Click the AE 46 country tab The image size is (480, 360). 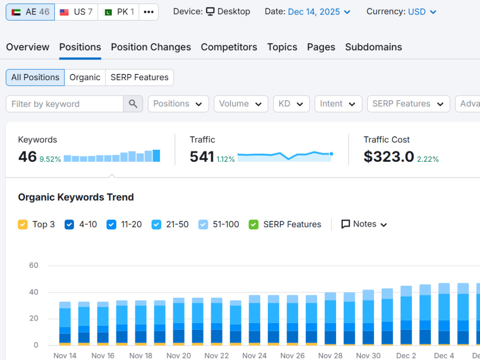[x=30, y=12]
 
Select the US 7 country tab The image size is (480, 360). [x=76, y=12]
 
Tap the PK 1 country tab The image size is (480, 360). [x=119, y=12]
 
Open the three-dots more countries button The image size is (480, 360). [x=149, y=12]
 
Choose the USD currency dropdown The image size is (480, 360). [x=422, y=12]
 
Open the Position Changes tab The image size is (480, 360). [x=151, y=47]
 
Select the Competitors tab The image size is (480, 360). [x=229, y=47]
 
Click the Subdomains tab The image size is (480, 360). [x=373, y=47]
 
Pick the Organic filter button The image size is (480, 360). [x=85, y=77]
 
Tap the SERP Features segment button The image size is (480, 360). [x=139, y=77]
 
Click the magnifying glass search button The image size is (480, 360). [x=133, y=104]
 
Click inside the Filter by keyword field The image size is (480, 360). [x=65, y=104]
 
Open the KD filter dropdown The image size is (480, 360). [x=291, y=104]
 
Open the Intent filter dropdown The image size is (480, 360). [x=338, y=104]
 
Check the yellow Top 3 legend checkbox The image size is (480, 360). [x=23, y=224]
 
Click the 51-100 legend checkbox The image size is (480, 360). [x=203, y=224]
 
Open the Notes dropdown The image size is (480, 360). [x=364, y=224]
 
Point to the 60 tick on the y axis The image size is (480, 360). [x=34, y=265]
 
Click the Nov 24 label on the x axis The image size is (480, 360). [x=254, y=355]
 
